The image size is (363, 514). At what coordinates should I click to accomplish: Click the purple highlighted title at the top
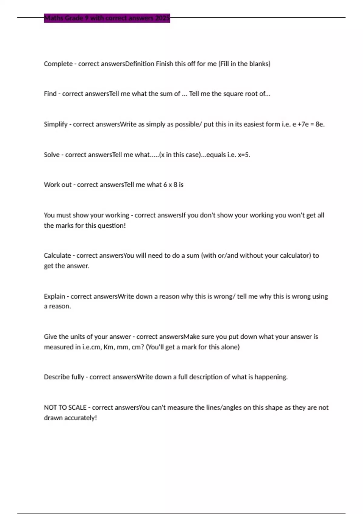point(107,18)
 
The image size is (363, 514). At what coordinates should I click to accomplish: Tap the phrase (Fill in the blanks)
point(244,64)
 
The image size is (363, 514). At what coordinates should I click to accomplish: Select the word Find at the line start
point(50,94)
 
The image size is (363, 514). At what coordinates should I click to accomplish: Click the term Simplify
point(56,124)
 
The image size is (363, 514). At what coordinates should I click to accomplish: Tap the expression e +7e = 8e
point(308,124)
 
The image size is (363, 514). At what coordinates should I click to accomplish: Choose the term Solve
point(52,155)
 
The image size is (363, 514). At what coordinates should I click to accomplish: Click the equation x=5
point(244,155)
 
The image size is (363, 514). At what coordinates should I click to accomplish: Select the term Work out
point(58,185)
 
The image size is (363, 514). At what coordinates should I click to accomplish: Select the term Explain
point(54,296)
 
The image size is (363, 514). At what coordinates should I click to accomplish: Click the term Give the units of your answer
point(87,337)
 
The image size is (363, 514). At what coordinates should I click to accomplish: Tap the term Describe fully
point(64,377)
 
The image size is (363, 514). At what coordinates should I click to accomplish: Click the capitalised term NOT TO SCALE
point(65,408)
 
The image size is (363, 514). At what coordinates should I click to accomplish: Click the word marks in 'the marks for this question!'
point(64,226)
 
